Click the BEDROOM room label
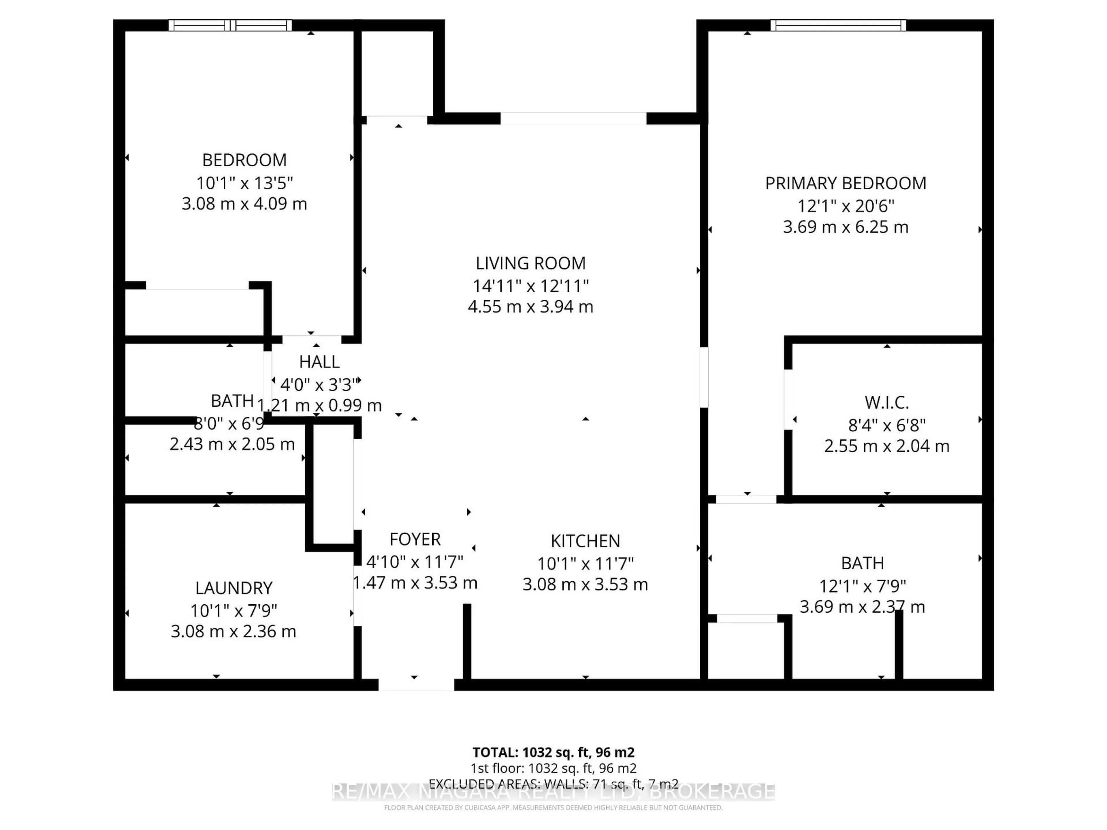coord(244,160)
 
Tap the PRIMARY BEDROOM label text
coord(845,183)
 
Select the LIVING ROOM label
coord(530,263)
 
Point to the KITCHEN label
coord(585,541)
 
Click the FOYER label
coord(415,539)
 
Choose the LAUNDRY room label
coord(234,588)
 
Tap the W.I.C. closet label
coord(886,402)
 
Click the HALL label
coord(319,362)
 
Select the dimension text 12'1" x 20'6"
coord(845,205)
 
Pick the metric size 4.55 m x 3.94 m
coord(530,306)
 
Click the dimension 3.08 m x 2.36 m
coord(234,631)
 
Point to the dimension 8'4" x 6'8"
coord(886,425)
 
